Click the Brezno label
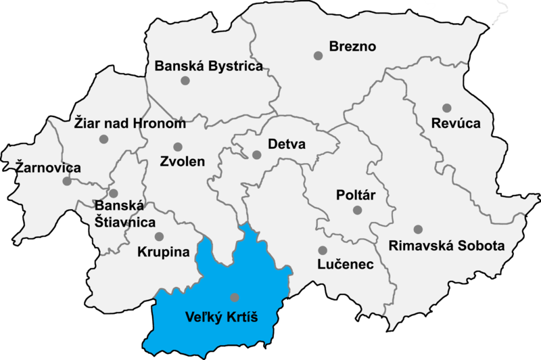pyautogui.click(x=352, y=47)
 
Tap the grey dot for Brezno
pyautogui.click(x=318, y=55)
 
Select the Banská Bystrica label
pyautogui.click(x=208, y=66)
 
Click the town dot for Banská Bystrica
pyautogui.click(x=185, y=81)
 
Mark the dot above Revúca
pyautogui.click(x=446, y=108)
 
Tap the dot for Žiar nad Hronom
pyautogui.click(x=103, y=139)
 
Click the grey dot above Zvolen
pyautogui.click(x=178, y=147)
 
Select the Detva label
pyautogui.click(x=287, y=145)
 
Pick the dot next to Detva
pyautogui.click(x=257, y=155)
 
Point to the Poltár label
pyautogui.click(x=356, y=195)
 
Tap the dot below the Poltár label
pyautogui.click(x=357, y=210)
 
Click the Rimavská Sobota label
pyautogui.click(x=446, y=246)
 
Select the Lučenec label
pyautogui.click(x=346, y=265)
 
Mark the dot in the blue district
pyautogui.click(x=235, y=297)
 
